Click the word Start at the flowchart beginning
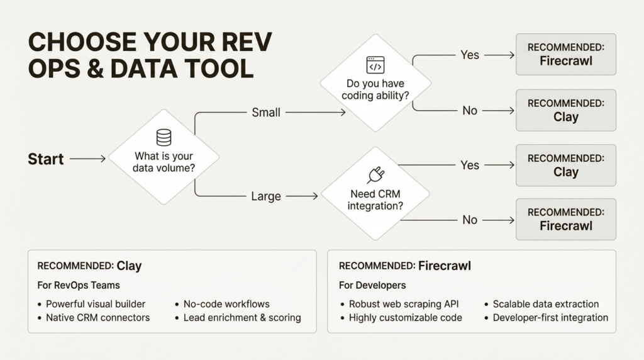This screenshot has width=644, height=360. point(46,159)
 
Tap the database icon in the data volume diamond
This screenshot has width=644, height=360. point(164,137)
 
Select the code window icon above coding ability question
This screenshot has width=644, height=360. point(375,65)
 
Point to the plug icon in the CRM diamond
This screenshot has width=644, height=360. point(375,174)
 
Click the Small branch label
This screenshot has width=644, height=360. point(266,112)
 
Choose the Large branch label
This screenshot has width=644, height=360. point(266,196)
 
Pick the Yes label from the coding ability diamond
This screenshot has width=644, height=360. point(470,55)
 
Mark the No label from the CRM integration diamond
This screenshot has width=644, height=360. point(470,220)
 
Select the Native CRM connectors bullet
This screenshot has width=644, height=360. point(97,318)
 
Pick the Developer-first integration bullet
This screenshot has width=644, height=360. point(550,318)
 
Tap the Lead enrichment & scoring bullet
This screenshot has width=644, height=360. point(242,318)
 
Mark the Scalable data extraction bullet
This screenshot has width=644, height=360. point(545,304)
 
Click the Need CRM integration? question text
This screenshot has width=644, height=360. point(375,200)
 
